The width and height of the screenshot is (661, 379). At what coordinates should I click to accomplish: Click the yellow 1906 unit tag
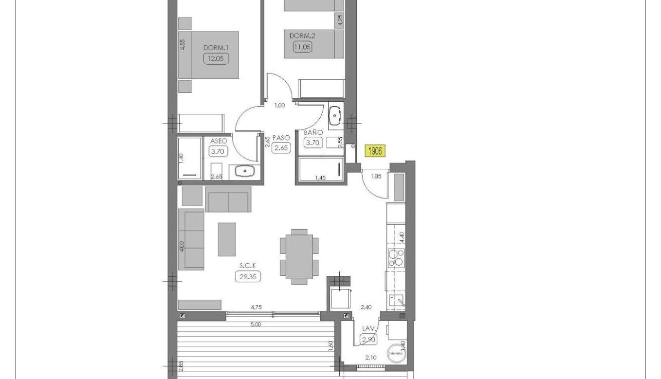375,151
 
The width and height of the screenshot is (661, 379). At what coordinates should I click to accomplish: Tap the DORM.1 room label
216,48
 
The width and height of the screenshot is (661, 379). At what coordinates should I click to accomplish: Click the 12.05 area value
215,58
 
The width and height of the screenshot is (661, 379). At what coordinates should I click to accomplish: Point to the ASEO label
219,141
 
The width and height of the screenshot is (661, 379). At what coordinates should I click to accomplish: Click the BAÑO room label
313,133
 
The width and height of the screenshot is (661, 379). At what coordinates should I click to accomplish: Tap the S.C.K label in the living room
249,266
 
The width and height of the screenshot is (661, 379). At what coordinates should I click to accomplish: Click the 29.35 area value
249,276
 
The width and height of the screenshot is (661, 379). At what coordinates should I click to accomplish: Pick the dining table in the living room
299,257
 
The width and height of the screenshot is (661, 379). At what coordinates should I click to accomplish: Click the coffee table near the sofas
227,239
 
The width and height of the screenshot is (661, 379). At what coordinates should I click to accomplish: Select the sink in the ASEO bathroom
245,171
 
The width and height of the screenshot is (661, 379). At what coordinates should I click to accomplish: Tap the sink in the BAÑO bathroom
335,117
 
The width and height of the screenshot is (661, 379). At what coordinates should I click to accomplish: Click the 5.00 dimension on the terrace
255,325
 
